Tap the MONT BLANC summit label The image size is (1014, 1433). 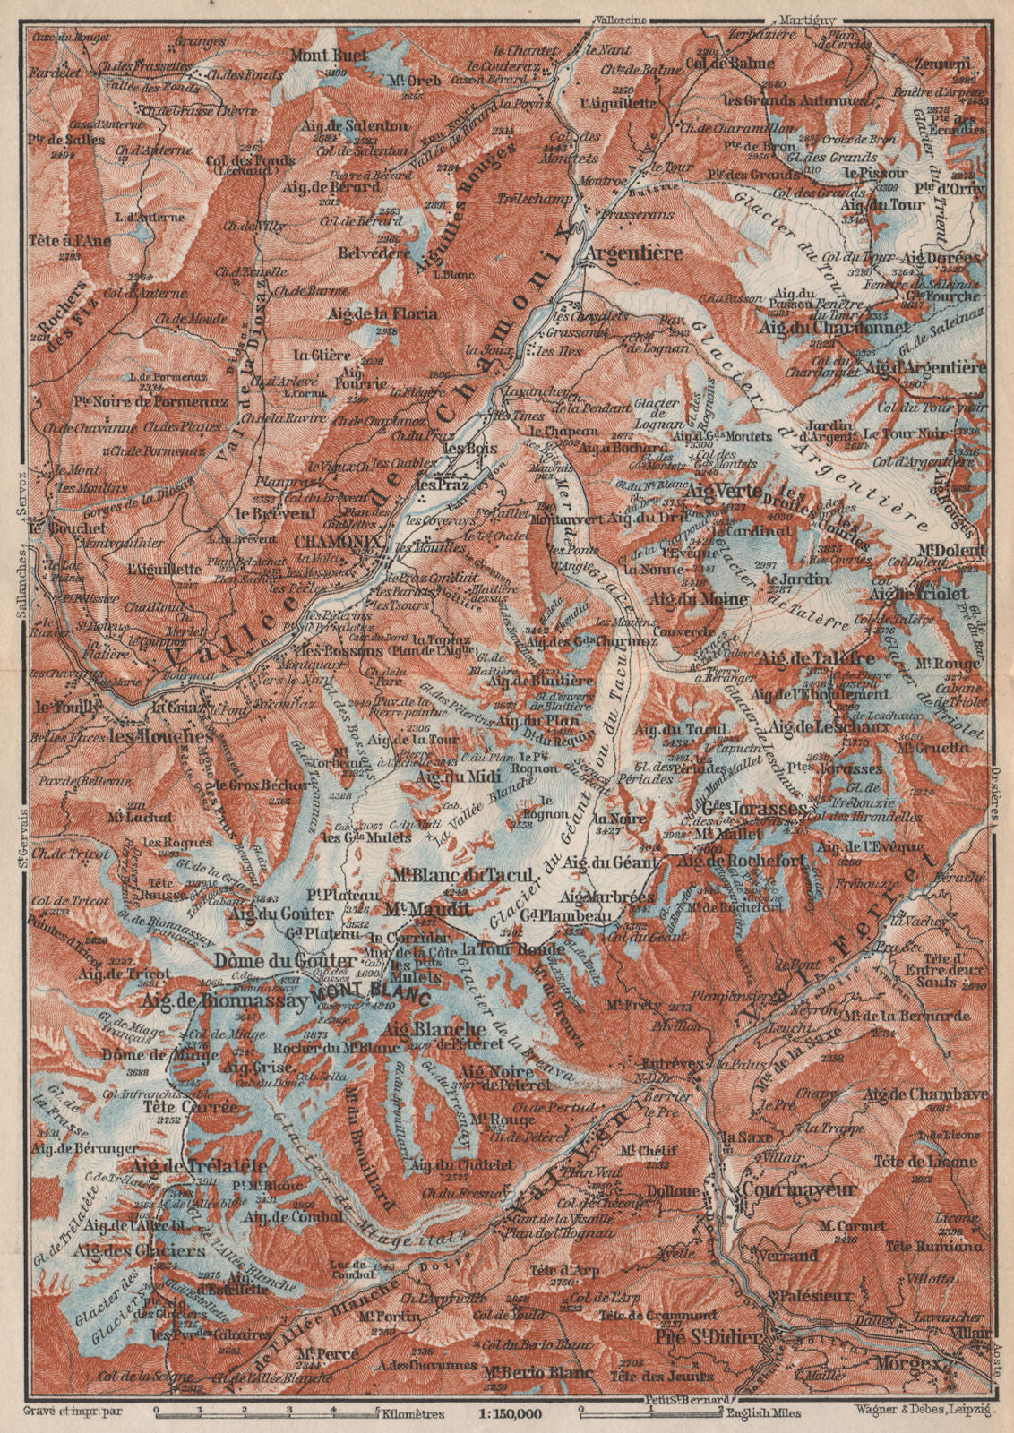(371, 995)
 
